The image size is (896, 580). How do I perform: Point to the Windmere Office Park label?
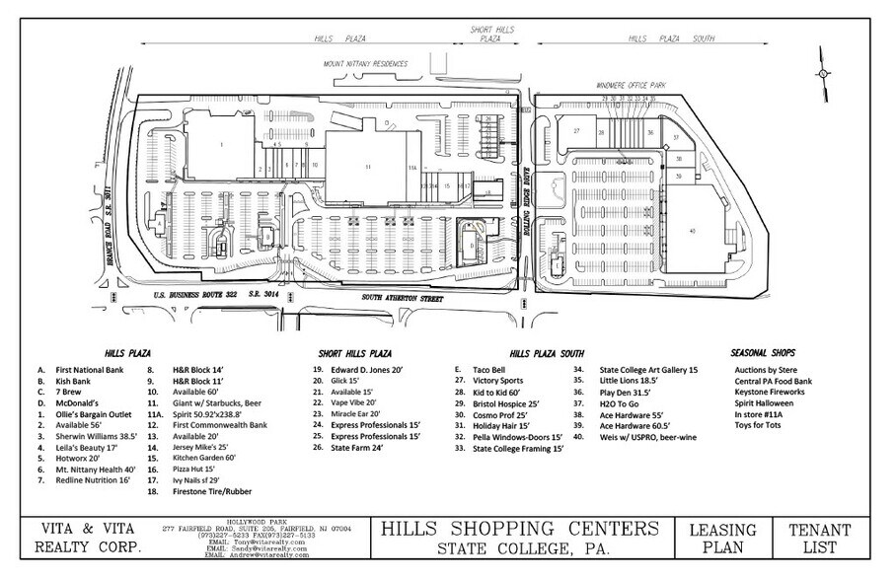(x=632, y=86)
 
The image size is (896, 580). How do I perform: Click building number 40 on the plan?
(x=693, y=232)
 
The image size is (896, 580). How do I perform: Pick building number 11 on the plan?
(x=367, y=169)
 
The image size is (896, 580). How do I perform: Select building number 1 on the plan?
(x=222, y=145)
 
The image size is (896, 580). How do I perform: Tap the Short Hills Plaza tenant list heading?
(x=355, y=353)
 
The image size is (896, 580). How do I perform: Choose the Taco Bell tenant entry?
(x=488, y=369)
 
